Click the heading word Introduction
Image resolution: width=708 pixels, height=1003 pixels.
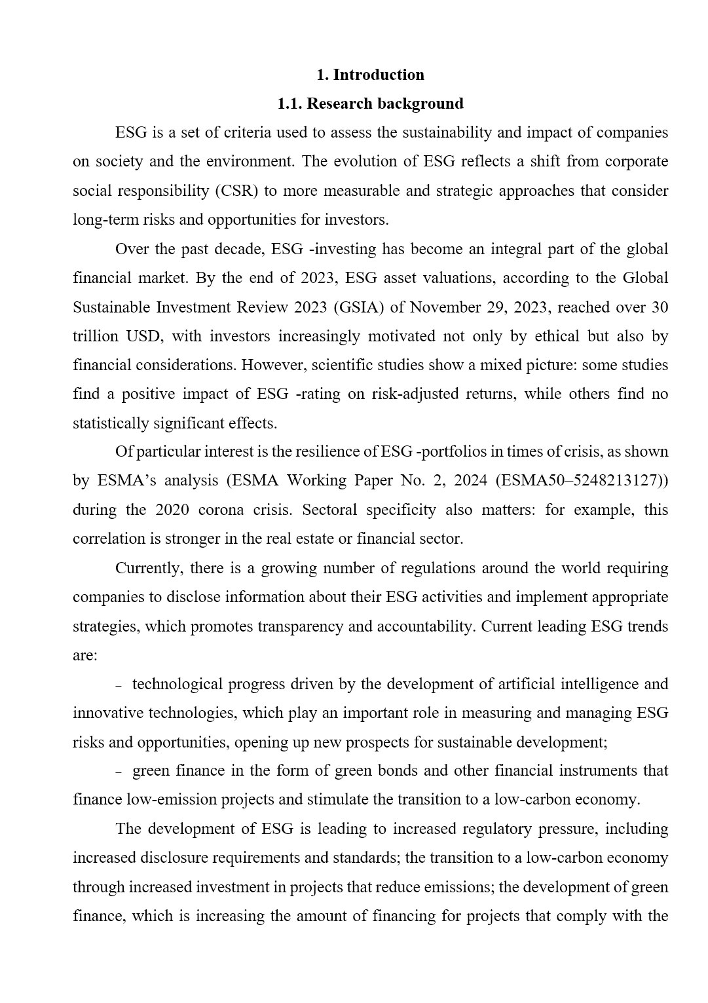click(379, 75)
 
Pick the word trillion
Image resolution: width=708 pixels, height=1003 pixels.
click(96, 336)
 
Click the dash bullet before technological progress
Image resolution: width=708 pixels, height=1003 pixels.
click(119, 685)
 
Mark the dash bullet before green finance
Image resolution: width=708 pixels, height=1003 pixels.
click(119, 772)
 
